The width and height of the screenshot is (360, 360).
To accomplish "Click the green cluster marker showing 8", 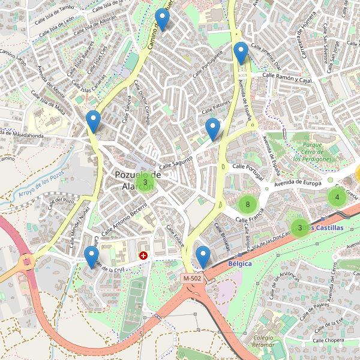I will (x=247, y=205).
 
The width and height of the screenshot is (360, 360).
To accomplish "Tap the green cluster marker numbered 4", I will (x=337, y=197).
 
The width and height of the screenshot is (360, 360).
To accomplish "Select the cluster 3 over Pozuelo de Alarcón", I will (x=145, y=182).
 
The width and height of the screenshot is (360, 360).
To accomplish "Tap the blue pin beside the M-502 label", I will (x=203, y=257).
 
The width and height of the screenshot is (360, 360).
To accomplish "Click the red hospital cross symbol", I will (x=143, y=256).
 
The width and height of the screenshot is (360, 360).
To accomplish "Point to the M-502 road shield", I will (x=193, y=278).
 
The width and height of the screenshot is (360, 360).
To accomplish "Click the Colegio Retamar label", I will (x=263, y=341).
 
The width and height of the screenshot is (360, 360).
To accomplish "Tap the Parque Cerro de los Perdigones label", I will (x=312, y=152).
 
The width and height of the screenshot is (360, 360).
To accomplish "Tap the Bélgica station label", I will (x=240, y=263).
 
